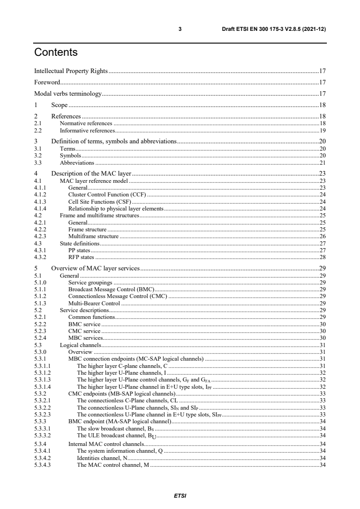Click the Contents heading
point(56,53)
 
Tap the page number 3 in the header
point(180,29)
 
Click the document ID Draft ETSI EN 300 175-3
point(271,29)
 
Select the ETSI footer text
point(180,495)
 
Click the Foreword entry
point(47,83)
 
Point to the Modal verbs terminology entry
point(68,94)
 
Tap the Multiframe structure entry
point(93,236)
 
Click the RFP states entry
point(81,257)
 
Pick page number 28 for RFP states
point(323,257)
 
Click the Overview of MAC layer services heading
point(95,269)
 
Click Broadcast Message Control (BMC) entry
point(111,289)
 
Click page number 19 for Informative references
point(323,130)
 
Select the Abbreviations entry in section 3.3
point(77,162)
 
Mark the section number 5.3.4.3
point(43,465)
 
